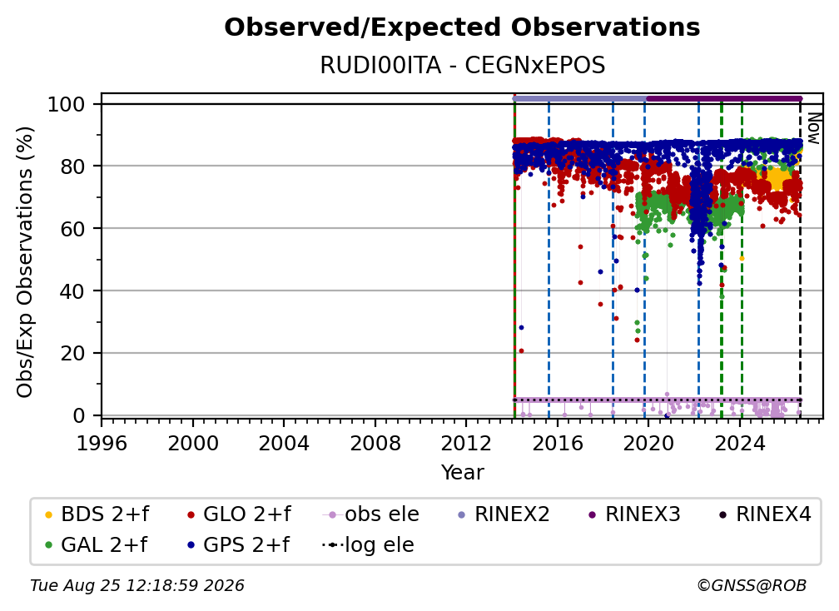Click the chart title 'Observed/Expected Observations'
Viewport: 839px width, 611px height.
point(462,27)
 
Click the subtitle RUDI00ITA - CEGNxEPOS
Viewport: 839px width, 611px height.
point(462,65)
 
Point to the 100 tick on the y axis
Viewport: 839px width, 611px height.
point(67,104)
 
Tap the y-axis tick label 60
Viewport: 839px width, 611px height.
point(72,229)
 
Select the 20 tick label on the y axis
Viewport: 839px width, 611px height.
point(72,354)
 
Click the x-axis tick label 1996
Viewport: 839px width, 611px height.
point(102,444)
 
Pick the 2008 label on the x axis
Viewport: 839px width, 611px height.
point(375,444)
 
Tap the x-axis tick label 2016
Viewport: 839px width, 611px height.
point(558,444)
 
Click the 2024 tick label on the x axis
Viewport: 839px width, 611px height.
point(740,444)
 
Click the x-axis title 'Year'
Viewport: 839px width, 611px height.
point(462,473)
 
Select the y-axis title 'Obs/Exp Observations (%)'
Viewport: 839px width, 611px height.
point(25,262)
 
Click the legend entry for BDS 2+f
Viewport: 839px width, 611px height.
point(97,514)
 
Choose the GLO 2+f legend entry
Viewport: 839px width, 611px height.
point(239,514)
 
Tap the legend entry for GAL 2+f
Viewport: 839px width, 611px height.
point(96,545)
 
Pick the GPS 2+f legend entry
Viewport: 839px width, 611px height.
point(238,545)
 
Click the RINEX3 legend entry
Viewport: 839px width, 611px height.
point(634,514)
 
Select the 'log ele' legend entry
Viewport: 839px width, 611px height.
point(368,545)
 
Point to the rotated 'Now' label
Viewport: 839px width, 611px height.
point(813,128)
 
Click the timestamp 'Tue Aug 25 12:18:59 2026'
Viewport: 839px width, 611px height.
point(137,586)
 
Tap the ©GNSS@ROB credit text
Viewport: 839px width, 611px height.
point(752,586)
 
